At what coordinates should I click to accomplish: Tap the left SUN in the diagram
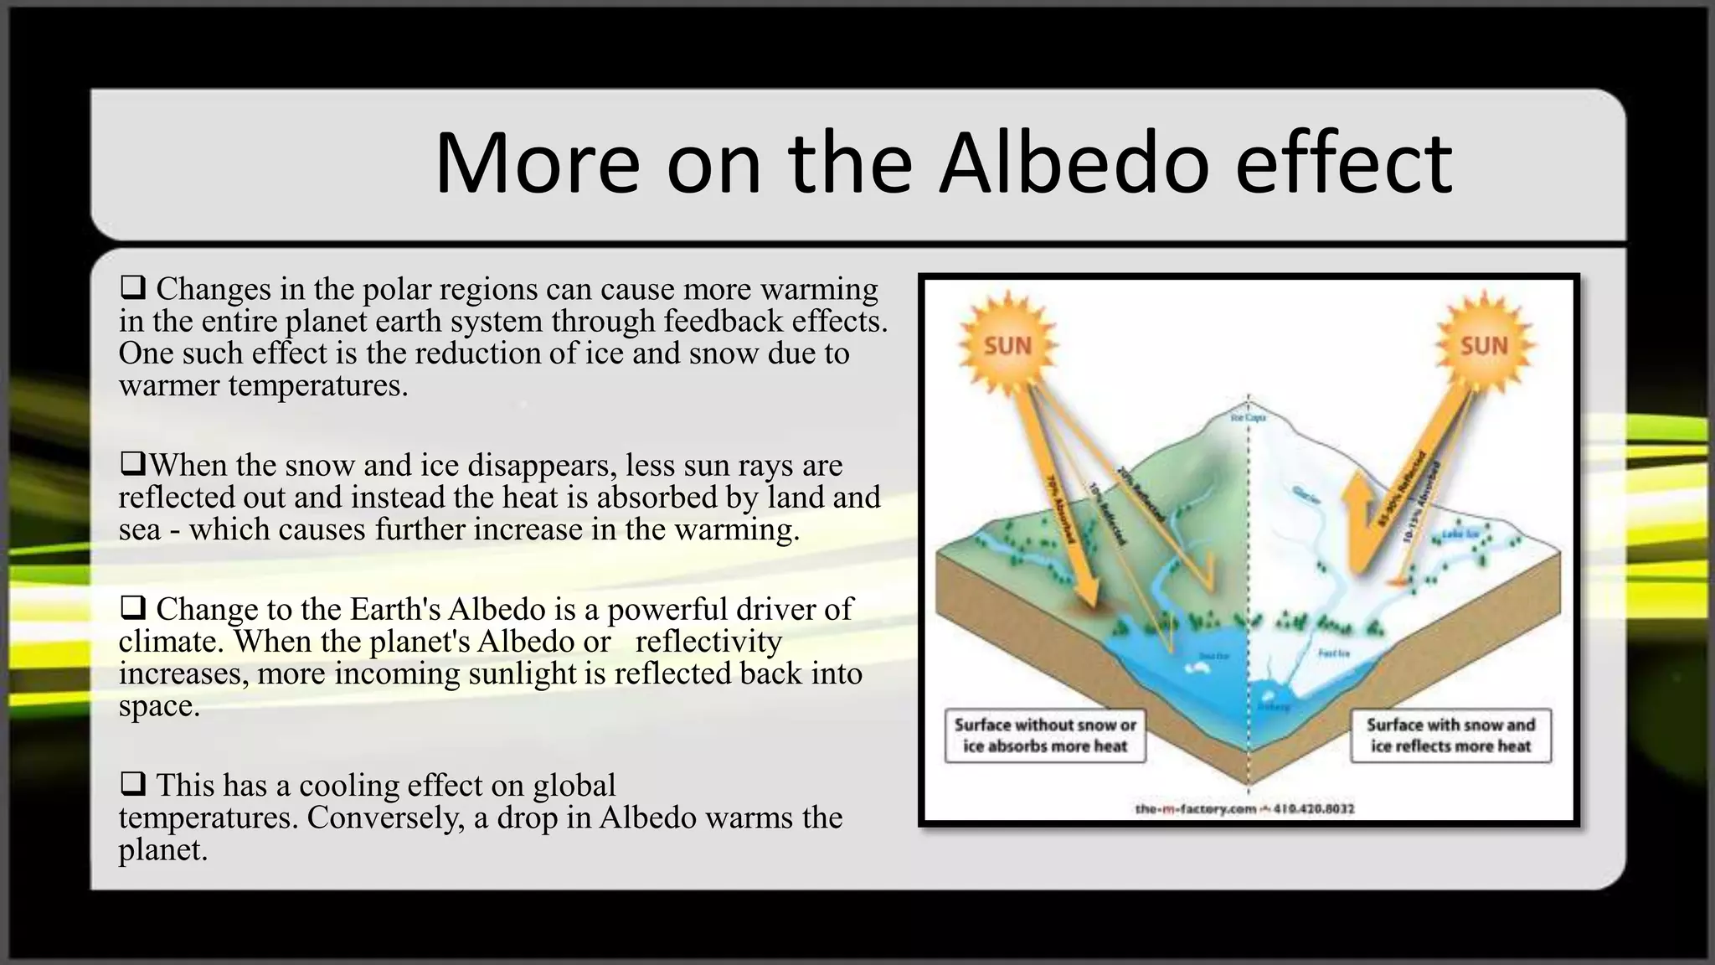[x=1007, y=345]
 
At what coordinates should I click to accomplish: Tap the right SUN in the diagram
[x=1484, y=345]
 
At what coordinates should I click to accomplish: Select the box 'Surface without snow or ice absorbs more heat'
[x=1045, y=735]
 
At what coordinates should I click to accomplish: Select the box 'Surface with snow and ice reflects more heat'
[x=1450, y=735]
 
